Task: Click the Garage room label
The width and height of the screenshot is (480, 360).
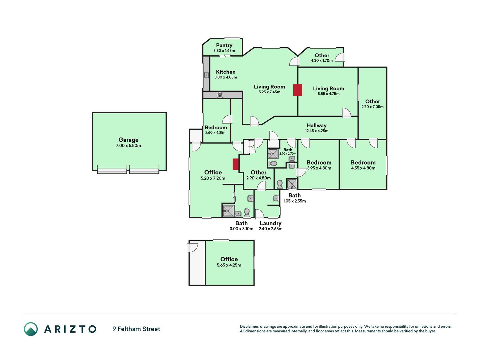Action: [129, 140]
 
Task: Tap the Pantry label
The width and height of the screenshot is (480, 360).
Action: [224, 45]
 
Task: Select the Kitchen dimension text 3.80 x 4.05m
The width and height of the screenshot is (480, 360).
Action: [226, 77]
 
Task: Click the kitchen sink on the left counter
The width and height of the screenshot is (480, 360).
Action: [206, 75]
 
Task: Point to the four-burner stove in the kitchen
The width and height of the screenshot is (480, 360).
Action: [220, 95]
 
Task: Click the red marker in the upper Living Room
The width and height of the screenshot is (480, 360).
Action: [298, 90]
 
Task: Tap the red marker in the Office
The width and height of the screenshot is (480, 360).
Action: [236, 164]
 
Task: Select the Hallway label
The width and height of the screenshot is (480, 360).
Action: [317, 125]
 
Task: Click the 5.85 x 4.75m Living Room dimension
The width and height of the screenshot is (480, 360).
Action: [328, 94]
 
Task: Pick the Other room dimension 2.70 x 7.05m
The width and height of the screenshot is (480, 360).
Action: [373, 107]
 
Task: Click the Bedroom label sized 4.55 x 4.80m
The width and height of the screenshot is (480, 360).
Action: [363, 163]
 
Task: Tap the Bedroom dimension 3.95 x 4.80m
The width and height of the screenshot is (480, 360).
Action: [319, 168]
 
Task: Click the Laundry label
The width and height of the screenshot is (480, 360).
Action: [271, 223]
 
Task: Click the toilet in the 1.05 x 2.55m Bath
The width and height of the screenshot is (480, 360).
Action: [280, 184]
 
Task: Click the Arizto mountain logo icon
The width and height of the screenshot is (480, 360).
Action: [31, 329]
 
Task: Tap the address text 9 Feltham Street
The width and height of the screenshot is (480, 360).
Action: [136, 329]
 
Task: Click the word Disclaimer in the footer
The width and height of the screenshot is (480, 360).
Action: [249, 327]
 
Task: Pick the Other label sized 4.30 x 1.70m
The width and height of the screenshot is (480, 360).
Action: [322, 55]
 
